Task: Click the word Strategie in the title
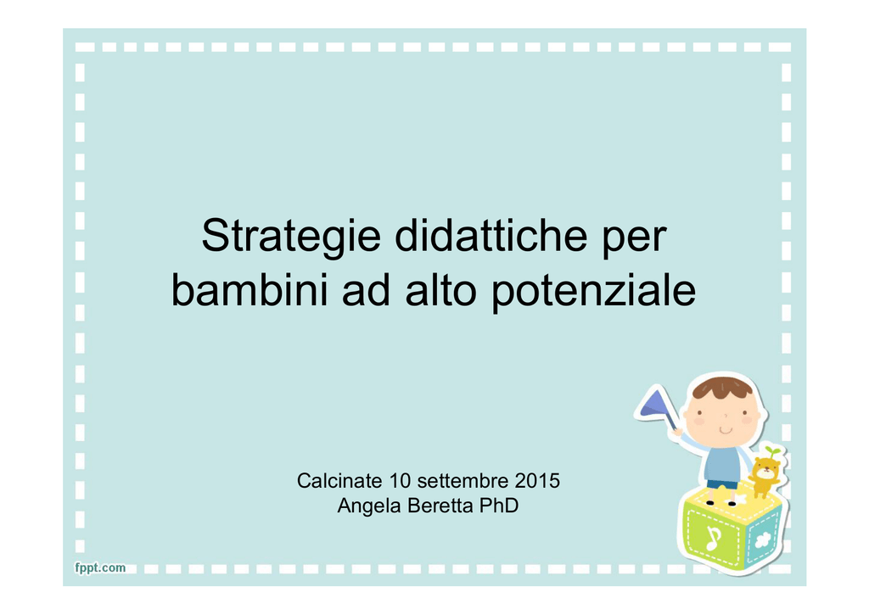[291, 237]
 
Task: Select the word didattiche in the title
[491, 235]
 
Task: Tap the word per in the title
[634, 241]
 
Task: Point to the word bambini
[249, 290]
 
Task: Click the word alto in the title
[440, 290]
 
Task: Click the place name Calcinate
[339, 480]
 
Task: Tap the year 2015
[537, 480]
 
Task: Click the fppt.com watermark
[100, 567]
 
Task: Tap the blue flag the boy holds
[655, 404]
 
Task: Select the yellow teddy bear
[765, 475]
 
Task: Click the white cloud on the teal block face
[763, 539]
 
